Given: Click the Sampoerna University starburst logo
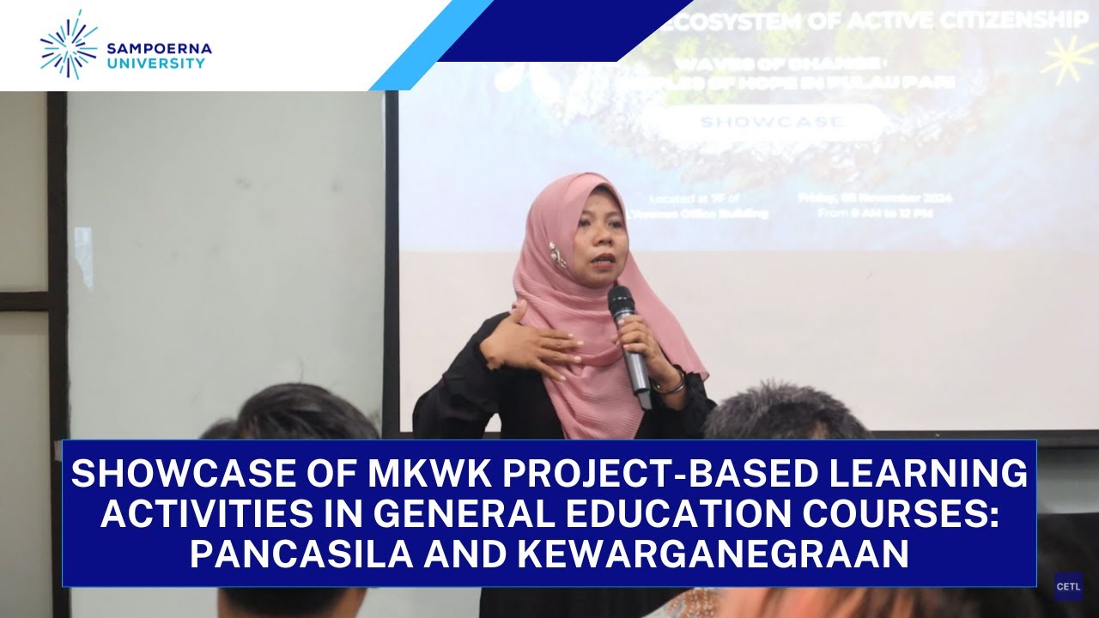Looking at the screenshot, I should (69, 45).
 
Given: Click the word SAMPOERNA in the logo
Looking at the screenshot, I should (159, 48).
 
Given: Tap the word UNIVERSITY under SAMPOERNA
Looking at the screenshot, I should (155, 63).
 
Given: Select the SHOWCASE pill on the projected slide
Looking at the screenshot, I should (771, 122).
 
